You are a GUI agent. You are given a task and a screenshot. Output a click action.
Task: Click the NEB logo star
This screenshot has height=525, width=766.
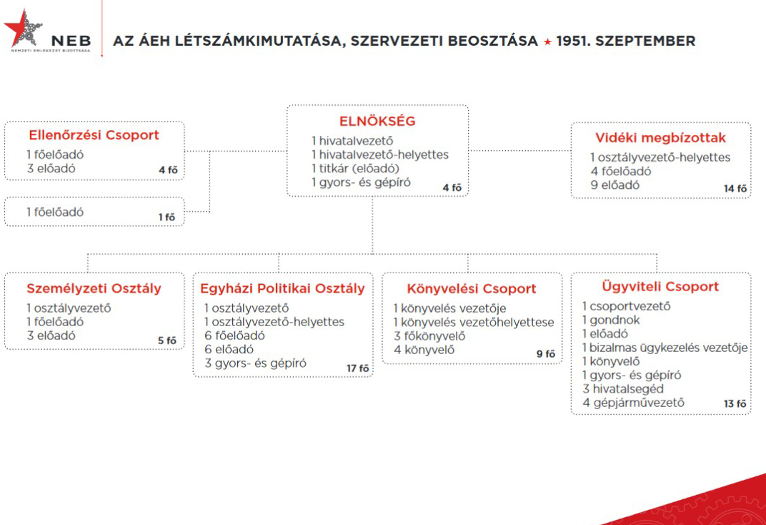tap(24, 29)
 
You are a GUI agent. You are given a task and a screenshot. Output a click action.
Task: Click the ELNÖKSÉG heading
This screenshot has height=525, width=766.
tap(377, 122)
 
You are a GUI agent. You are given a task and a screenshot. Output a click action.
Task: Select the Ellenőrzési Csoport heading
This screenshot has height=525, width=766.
tap(94, 135)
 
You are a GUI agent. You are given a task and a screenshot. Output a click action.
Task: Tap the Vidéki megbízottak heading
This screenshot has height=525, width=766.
tap(660, 138)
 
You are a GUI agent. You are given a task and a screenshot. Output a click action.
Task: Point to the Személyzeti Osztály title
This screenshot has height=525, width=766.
tap(94, 289)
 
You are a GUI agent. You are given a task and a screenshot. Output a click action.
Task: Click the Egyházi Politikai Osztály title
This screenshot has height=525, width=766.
tap(283, 288)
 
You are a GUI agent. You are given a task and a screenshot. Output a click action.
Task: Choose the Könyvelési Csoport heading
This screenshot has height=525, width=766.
tap(471, 289)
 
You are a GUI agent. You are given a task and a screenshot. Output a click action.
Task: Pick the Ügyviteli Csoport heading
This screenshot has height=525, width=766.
tap(660, 287)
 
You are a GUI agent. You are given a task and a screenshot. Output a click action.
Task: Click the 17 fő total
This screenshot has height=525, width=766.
tap(358, 368)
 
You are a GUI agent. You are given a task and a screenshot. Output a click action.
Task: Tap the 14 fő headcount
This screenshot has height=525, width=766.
tap(735, 188)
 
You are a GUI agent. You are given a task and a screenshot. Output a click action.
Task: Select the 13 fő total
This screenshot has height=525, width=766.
tap(735, 403)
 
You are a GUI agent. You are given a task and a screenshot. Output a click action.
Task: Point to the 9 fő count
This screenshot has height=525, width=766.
tap(546, 353)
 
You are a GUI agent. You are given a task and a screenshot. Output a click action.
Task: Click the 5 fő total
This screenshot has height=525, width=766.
tap(167, 340)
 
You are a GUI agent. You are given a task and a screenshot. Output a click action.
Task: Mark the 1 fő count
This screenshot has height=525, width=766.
tap(167, 217)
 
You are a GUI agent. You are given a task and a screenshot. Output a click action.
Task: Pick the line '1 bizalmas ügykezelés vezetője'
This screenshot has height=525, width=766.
tap(665, 348)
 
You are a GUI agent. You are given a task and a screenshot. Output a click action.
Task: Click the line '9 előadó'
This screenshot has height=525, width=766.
tap(615, 185)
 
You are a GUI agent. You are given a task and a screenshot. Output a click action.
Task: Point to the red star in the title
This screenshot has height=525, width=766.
tap(547, 41)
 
